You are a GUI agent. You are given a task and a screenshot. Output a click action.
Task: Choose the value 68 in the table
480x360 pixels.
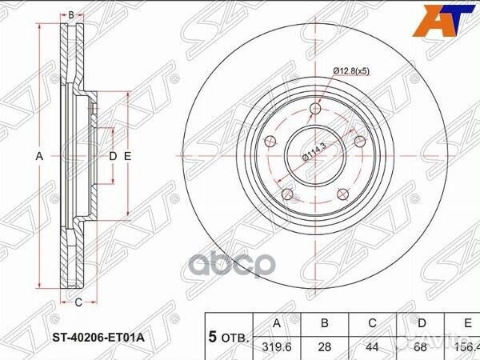pyautogui.click(x=422, y=348)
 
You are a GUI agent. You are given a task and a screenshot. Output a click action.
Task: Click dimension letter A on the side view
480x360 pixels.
pyautogui.click(x=38, y=157)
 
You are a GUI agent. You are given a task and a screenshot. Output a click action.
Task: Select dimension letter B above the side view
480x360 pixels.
pyautogui.click(x=71, y=15)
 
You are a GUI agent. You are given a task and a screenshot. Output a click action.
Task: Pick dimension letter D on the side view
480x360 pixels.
pyautogui.click(x=112, y=157)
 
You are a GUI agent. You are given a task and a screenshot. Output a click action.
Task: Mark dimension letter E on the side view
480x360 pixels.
pyautogui.click(x=127, y=157)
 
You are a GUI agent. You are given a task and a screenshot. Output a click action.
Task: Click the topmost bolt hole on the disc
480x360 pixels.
pyautogui.click(x=315, y=108)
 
